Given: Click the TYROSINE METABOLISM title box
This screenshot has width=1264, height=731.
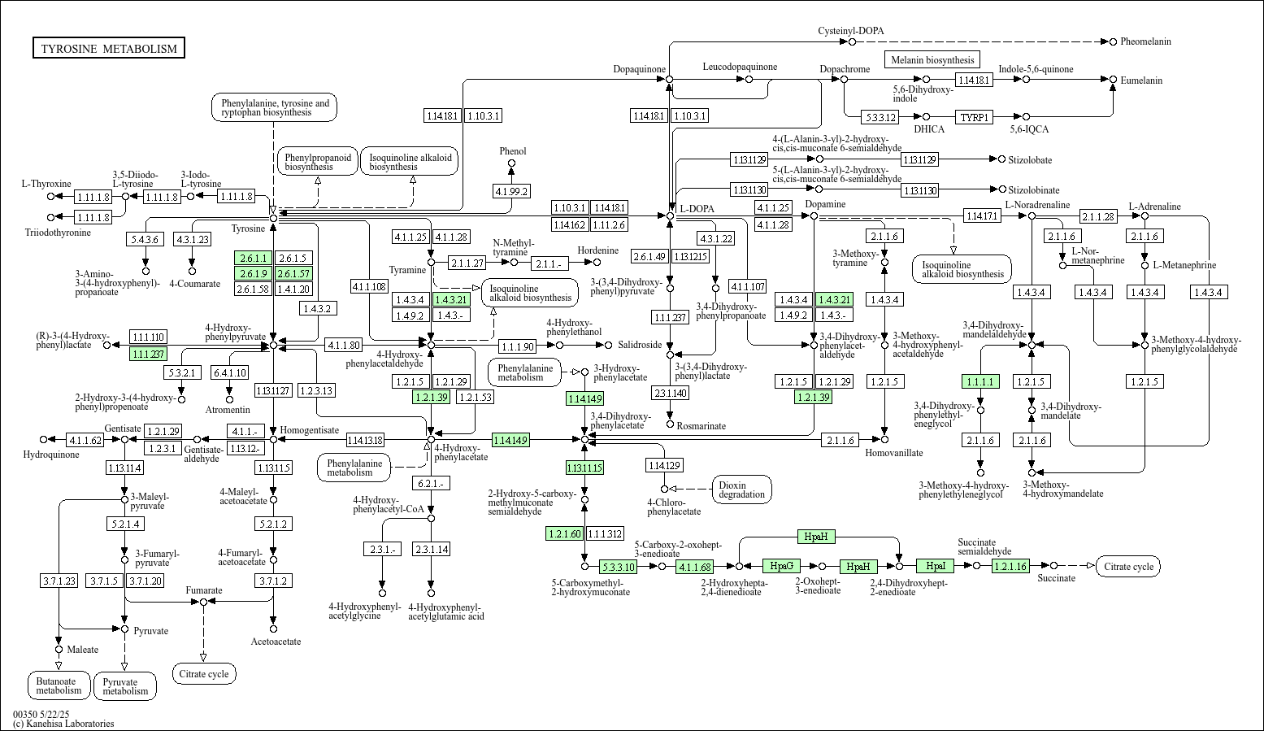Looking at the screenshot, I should [109, 49].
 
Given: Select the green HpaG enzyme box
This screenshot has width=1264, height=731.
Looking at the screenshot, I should [782, 566].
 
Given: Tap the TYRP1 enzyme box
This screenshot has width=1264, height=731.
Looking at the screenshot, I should [975, 117].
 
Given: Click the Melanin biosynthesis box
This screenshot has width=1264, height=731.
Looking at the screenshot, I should [932, 60].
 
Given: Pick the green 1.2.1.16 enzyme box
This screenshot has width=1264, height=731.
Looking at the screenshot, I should [1010, 566].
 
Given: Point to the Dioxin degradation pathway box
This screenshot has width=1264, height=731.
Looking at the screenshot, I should [741, 490].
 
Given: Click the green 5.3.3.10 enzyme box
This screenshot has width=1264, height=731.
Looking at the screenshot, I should [618, 567].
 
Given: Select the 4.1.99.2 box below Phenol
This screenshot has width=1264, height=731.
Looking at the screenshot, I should [511, 192].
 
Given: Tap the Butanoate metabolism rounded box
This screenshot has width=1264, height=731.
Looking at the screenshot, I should [59, 685].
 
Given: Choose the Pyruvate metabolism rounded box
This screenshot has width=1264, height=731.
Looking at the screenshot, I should [125, 686].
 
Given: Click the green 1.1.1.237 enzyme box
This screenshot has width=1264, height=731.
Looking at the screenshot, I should [148, 354].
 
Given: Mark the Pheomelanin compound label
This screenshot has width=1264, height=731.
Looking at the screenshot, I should [1145, 41].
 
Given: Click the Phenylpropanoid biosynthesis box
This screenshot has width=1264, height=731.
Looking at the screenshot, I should [318, 162].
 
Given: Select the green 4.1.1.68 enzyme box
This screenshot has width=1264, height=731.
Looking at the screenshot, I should [694, 567].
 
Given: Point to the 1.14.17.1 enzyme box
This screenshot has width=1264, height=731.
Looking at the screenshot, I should [982, 216].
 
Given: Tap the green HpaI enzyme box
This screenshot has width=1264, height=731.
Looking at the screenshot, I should [935, 566].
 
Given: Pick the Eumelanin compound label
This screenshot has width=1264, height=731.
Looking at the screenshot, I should [1141, 80].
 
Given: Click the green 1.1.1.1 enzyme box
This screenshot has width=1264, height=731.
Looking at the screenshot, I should [980, 381].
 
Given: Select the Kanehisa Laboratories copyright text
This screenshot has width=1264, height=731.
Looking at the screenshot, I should [63, 723].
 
